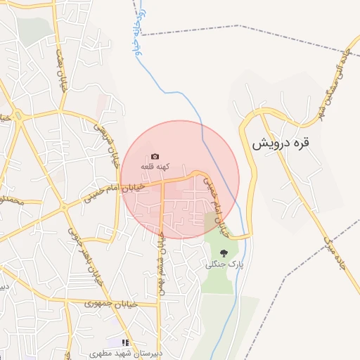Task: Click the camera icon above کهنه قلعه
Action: [155, 156]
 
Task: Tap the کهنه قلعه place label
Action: [154, 166]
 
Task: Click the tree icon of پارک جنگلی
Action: [224, 253]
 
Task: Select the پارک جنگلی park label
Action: [224, 264]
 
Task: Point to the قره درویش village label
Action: [281, 144]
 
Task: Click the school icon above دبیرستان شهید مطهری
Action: [126, 342]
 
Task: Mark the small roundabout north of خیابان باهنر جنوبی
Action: [64, 207]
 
